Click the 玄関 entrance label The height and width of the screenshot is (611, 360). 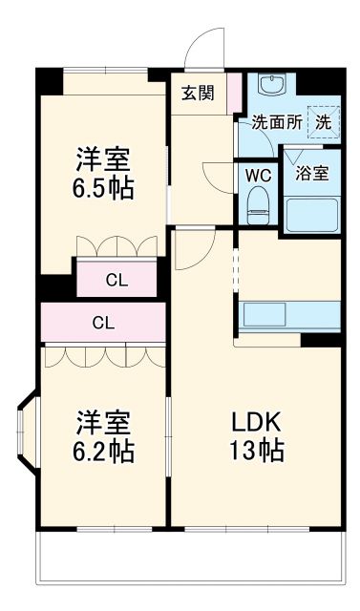pyautogui.click(x=198, y=93)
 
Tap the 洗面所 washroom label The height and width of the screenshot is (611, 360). pyautogui.click(x=276, y=122)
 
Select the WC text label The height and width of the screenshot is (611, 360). pyautogui.click(x=257, y=176)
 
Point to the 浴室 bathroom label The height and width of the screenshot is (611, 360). pyautogui.click(x=311, y=174)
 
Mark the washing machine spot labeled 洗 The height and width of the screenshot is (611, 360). pyautogui.click(x=324, y=122)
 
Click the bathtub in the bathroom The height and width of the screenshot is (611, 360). pyautogui.click(x=311, y=214)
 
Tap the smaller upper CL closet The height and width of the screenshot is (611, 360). pyautogui.click(x=116, y=280)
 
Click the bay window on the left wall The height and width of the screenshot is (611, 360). pyautogui.click(x=26, y=436)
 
